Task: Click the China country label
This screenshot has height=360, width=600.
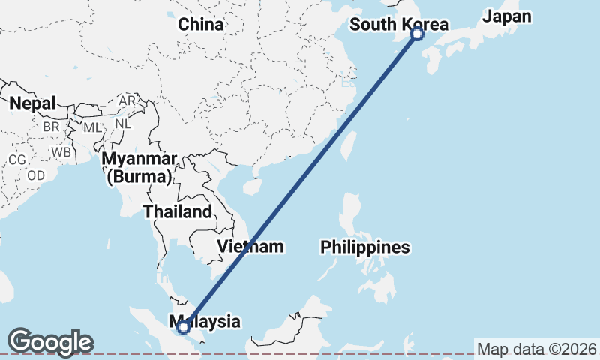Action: pos(201,24)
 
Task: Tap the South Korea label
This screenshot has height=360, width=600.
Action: pos(398,25)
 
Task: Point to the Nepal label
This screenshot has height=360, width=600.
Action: pos(32,103)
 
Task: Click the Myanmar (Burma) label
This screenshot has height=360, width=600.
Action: pos(139,168)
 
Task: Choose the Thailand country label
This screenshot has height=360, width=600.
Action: pos(178,211)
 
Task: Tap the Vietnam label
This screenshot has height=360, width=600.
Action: pos(250,246)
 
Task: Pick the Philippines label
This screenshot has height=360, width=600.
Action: pos(365,247)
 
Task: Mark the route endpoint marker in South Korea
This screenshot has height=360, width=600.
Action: pos(417,34)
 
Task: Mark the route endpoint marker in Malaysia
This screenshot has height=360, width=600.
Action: pos(183,326)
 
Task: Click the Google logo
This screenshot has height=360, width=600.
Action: pos(50,342)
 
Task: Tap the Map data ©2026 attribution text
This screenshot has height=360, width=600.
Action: pos(537,349)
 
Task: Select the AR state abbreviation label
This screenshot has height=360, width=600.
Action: pos(127,100)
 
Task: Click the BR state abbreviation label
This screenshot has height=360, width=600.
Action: pos(51,127)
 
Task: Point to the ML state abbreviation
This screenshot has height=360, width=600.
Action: pos(91,127)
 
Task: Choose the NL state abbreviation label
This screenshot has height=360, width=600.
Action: pos(123,122)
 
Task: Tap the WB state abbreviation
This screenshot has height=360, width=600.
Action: pos(61,152)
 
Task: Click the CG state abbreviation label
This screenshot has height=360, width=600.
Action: pos(16,160)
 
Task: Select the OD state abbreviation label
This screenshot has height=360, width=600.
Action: pos(36,175)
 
